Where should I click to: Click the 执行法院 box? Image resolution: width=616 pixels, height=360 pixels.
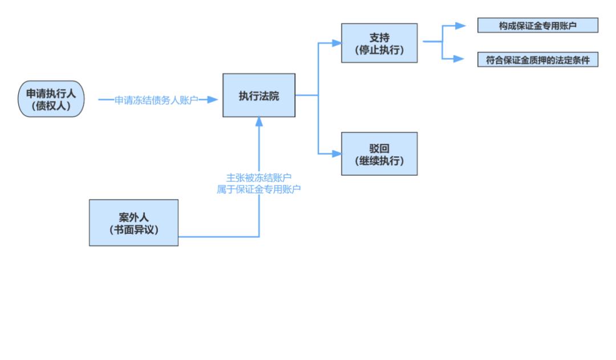coord(258,95)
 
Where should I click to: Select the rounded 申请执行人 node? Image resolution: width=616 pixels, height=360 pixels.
coord(51,99)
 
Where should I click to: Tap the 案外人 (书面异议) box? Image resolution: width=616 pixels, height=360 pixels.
coord(133,223)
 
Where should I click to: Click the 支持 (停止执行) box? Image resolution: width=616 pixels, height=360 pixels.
coord(379,43)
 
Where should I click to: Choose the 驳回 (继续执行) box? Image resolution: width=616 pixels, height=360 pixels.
coord(379,153)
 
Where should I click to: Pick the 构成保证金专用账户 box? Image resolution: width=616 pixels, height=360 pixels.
coord(537,25)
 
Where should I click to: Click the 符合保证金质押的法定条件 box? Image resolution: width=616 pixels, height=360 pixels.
coord(537,60)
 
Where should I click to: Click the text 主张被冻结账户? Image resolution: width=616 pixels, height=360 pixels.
coord(259,177)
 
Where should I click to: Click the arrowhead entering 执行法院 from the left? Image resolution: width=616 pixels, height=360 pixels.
coord(213,100)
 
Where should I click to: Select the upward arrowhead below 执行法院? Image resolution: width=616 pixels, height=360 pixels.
coord(259,122)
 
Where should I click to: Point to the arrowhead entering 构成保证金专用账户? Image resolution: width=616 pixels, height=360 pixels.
coord(459,26)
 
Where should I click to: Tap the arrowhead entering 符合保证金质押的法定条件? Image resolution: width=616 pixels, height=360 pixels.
coord(459,58)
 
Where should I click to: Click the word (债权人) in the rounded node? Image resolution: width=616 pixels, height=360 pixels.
coord(51,105)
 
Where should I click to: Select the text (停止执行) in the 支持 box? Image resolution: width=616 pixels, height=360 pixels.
coord(379,50)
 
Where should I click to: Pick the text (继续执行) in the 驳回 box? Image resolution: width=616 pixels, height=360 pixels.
coord(379,161)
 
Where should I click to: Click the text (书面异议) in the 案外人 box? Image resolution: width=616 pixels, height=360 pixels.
coord(133,229)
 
